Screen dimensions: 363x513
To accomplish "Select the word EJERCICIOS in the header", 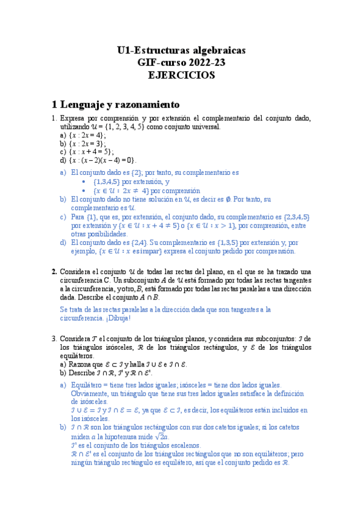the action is pos(181,75).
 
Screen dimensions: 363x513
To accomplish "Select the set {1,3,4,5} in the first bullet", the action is pos(107,181).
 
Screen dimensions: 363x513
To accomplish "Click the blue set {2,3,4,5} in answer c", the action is pos(297,217).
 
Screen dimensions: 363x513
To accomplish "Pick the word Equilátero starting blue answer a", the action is pos(87,385).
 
